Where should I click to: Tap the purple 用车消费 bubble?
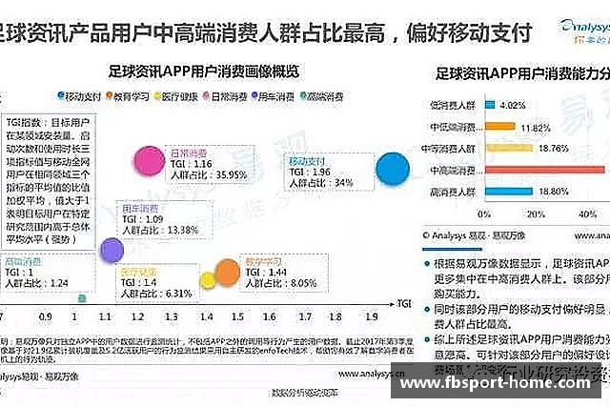[112, 250]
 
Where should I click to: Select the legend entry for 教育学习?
[131, 95]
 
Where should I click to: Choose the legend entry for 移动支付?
[80, 95]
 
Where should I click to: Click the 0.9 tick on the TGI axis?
[47, 315]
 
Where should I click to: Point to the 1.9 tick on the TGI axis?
[373, 315]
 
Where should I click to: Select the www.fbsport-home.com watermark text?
[500, 385]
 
